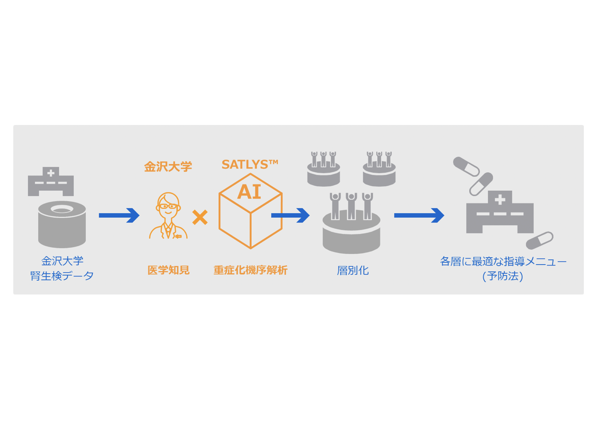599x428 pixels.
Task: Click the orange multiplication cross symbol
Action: click(200, 217)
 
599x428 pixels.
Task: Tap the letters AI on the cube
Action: click(249, 192)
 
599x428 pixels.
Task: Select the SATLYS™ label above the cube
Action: click(250, 164)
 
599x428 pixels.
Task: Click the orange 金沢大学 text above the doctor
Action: click(168, 167)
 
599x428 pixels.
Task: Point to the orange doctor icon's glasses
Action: click(168, 206)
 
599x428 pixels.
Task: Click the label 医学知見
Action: click(169, 270)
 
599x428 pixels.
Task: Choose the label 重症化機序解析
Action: click(250, 270)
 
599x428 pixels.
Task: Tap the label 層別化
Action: click(353, 271)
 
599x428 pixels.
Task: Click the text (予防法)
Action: click(502, 276)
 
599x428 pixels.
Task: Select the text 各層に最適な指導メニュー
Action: click(503, 261)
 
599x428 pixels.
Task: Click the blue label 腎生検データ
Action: click(62, 276)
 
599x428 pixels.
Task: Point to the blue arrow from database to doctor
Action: click(119, 215)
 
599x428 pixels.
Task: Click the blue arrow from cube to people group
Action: click(290, 215)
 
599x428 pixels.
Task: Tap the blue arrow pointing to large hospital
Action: click(419, 215)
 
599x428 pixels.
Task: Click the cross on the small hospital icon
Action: click(51, 173)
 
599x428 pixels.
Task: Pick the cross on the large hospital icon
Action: click(500, 200)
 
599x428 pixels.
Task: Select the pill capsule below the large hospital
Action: click(540, 241)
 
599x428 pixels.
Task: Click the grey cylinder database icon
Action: click(62, 224)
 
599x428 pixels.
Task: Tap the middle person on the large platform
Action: click(351, 206)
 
